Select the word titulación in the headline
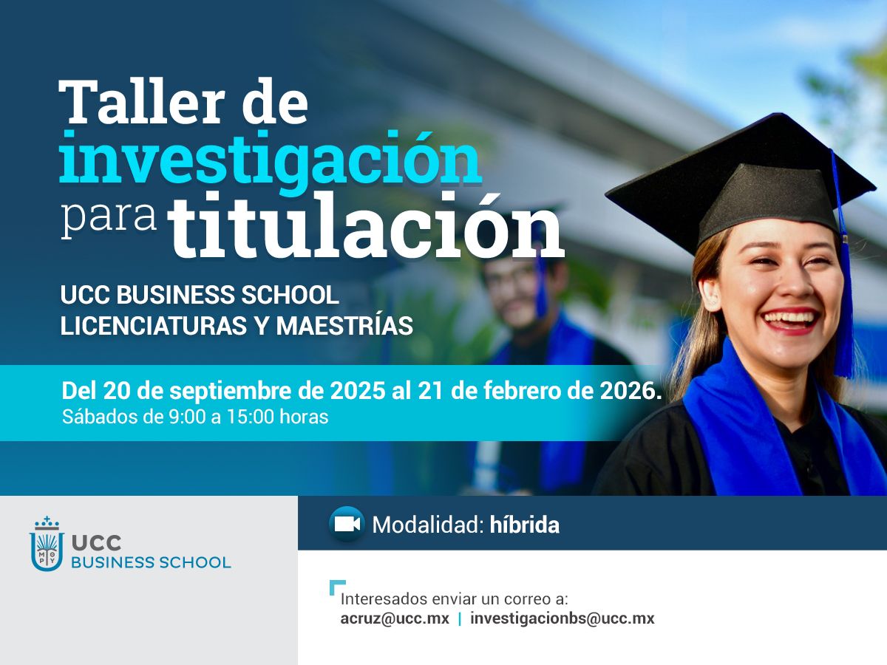pyautogui.click(x=366, y=225)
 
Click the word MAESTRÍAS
pyautogui.click(x=344, y=325)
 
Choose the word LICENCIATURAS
pyautogui.click(x=154, y=326)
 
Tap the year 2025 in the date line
pyautogui.click(x=357, y=390)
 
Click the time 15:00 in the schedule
pyautogui.click(x=251, y=417)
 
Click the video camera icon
pyautogui.click(x=347, y=524)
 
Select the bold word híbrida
pyautogui.click(x=525, y=525)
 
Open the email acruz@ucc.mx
pyautogui.click(x=395, y=618)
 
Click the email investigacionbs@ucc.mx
pyautogui.click(x=562, y=619)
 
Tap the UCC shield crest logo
pyautogui.click(x=47, y=544)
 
